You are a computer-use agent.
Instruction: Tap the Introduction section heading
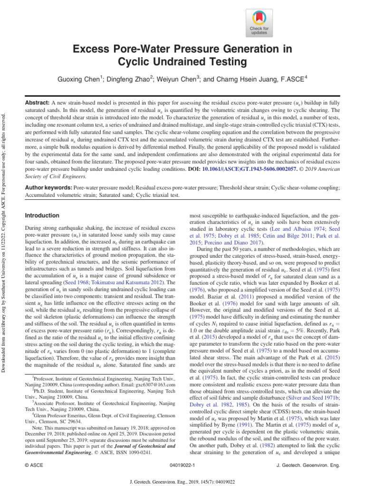[x=42, y=215]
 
